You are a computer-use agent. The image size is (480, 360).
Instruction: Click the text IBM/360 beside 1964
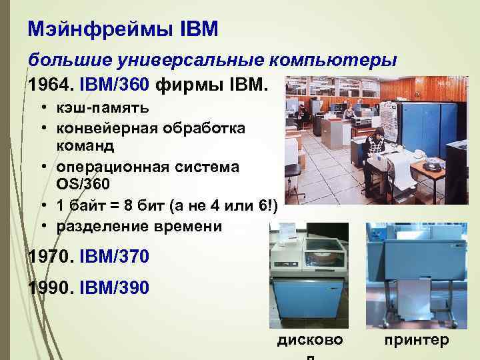(116, 85)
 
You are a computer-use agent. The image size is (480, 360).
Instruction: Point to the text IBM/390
(113, 287)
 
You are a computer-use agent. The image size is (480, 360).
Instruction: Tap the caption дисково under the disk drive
(309, 340)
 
